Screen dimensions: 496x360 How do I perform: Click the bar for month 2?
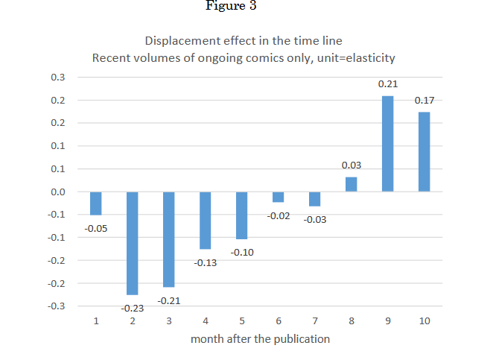pyautogui.click(x=133, y=243)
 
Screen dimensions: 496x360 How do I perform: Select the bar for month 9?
pyautogui.click(x=388, y=144)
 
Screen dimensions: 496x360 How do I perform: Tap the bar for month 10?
pyautogui.click(x=425, y=152)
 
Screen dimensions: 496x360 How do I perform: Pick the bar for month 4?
pyautogui.click(x=206, y=221)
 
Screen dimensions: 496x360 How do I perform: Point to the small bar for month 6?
pyautogui.click(x=279, y=197)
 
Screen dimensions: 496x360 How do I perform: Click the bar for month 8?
pyautogui.click(x=351, y=184)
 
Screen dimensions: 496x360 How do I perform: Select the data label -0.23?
pyautogui.click(x=133, y=308)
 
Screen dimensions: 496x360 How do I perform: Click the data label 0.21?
pyautogui.click(x=388, y=84)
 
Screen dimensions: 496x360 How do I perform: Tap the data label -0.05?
pyautogui.click(x=96, y=228)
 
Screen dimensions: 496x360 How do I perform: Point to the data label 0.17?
pyautogui.click(x=425, y=101)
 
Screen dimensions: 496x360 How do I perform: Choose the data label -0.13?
pyautogui.click(x=206, y=263)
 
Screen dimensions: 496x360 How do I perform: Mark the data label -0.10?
pyautogui.click(x=242, y=253)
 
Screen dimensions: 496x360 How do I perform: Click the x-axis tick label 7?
pyautogui.click(x=315, y=321)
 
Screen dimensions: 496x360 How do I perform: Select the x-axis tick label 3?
pyautogui.click(x=169, y=321)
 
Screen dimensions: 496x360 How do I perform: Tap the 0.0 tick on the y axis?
pyautogui.click(x=58, y=192)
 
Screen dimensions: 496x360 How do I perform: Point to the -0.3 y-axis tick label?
pyautogui.click(x=57, y=306)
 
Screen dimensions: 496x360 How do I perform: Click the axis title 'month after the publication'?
pyautogui.click(x=260, y=339)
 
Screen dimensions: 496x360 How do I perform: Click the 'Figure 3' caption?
pyautogui.click(x=231, y=5)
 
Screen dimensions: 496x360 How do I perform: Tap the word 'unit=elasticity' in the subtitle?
pyautogui.click(x=356, y=58)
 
